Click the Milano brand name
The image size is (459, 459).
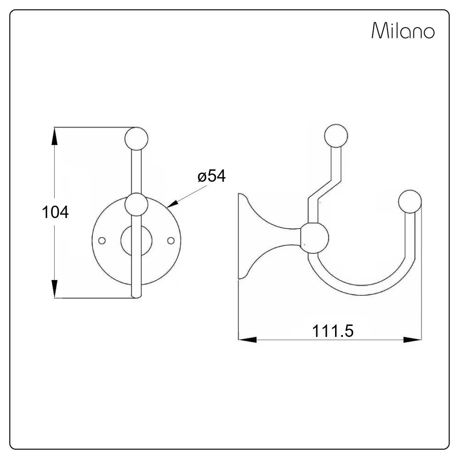click(x=403, y=30)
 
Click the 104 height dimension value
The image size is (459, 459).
click(x=55, y=212)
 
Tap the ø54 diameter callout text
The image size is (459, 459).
click(x=211, y=176)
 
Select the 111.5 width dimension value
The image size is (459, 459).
click(x=332, y=331)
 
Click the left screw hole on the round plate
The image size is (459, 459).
click(x=102, y=241)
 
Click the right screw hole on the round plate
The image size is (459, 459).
click(x=171, y=241)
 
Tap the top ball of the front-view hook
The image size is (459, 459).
click(x=136, y=139)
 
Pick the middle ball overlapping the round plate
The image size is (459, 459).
click(x=136, y=205)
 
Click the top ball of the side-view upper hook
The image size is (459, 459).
click(x=336, y=136)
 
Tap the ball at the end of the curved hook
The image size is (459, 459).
click(x=410, y=202)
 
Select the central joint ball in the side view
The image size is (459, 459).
click(x=314, y=238)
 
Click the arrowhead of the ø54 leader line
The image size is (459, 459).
click(x=172, y=203)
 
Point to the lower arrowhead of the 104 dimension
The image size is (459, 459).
click(x=55, y=289)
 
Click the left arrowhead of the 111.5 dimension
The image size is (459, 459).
click(x=248, y=340)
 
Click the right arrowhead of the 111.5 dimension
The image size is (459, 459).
click(x=412, y=340)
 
